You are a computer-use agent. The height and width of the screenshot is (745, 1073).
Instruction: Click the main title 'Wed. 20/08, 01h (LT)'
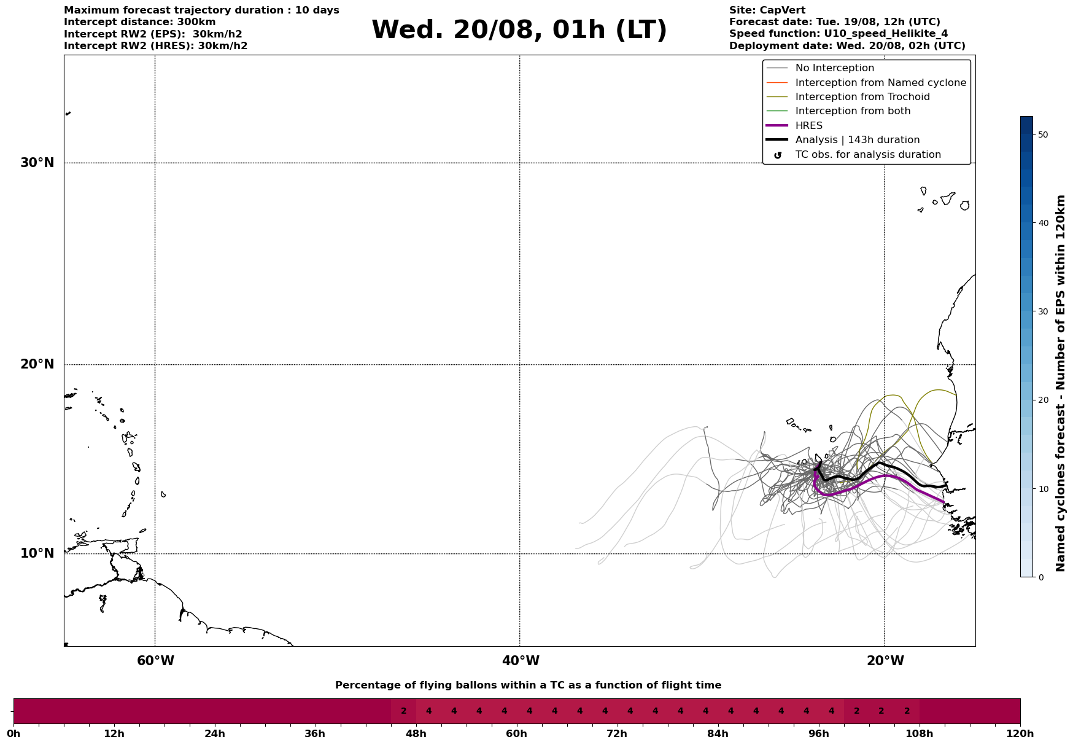pos(519,30)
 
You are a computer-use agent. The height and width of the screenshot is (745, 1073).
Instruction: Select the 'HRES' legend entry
pos(808,126)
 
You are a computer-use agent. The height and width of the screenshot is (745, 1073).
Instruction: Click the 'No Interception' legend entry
pos(834,68)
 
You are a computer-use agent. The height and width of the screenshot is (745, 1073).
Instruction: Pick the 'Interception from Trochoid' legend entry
pos(862,97)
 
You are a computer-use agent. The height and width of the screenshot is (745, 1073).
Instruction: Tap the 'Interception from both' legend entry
pos(853,111)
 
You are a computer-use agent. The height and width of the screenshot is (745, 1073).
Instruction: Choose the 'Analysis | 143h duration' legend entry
pos(857,140)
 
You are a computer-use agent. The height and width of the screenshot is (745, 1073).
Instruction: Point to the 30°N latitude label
pos(37,163)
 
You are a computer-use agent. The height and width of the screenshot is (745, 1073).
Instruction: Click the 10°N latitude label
pos(37,553)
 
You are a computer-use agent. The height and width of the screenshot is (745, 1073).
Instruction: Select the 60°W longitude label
pos(155,661)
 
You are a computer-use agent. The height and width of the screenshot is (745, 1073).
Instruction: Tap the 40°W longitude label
pos(521,661)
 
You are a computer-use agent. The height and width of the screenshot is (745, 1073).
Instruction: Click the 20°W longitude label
pos(885,661)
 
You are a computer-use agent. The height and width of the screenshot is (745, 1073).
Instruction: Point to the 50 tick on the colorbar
pos(1042,135)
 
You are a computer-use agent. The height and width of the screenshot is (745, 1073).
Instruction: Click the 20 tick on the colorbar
pos(1042,400)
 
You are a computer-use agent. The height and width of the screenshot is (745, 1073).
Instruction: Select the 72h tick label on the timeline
pos(617,734)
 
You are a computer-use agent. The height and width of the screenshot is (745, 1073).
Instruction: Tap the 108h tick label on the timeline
pos(919,734)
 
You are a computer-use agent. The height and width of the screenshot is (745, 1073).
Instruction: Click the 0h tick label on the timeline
pos(14,734)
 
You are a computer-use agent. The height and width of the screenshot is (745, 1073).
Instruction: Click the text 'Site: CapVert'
pos(767,10)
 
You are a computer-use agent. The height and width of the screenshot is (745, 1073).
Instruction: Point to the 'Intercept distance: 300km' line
pos(140,22)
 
